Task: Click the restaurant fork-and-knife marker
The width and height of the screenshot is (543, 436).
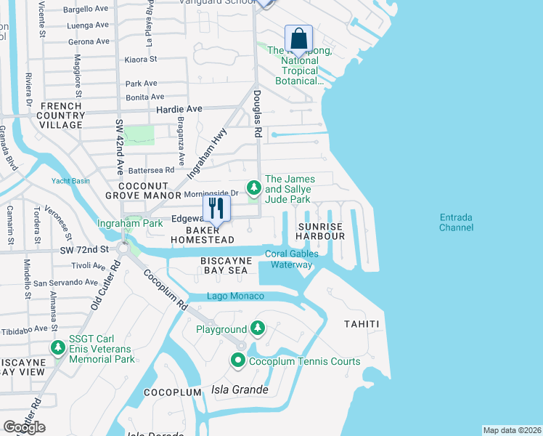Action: pyautogui.click(x=216, y=208)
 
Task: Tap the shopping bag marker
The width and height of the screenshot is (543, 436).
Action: pyautogui.click(x=298, y=38)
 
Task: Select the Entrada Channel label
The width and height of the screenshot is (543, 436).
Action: pyautogui.click(x=456, y=222)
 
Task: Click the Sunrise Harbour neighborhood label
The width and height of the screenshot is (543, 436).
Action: pyautogui.click(x=321, y=231)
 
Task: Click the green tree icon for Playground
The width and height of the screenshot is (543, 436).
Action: pyautogui.click(x=256, y=329)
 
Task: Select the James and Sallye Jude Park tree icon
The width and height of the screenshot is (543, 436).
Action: pyautogui.click(x=253, y=188)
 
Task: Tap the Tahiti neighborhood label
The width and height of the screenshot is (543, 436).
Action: pyautogui.click(x=362, y=323)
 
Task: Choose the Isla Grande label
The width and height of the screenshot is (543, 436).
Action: pyautogui.click(x=240, y=390)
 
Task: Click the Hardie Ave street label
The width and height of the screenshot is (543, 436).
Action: pyautogui.click(x=179, y=109)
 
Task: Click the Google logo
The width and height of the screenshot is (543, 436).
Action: pyautogui.click(x=24, y=427)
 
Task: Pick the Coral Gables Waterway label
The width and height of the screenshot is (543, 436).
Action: pyautogui.click(x=292, y=259)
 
